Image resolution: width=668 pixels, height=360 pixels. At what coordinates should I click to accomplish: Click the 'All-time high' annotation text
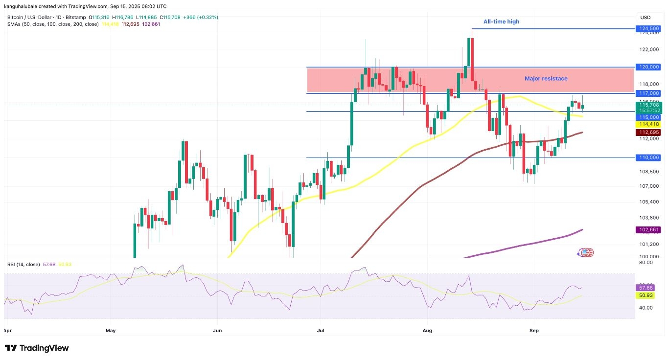[x=501, y=22]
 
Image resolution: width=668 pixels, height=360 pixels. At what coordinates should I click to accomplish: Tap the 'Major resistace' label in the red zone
[x=546, y=78]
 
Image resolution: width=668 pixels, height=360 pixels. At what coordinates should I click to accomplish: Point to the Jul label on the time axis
[x=321, y=331]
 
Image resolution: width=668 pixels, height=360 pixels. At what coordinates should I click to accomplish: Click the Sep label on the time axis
[x=534, y=331]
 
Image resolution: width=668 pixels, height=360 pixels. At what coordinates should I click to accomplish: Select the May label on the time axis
[x=111, y=331]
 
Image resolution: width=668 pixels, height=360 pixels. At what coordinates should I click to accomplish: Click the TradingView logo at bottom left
[x=37, y=348]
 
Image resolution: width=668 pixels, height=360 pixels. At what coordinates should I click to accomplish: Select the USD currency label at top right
[x=646, y=18]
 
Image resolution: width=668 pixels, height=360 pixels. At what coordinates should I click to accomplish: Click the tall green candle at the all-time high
[x=469, y=52]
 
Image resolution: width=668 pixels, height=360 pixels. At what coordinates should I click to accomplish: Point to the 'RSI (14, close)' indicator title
[x=23, y=265]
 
